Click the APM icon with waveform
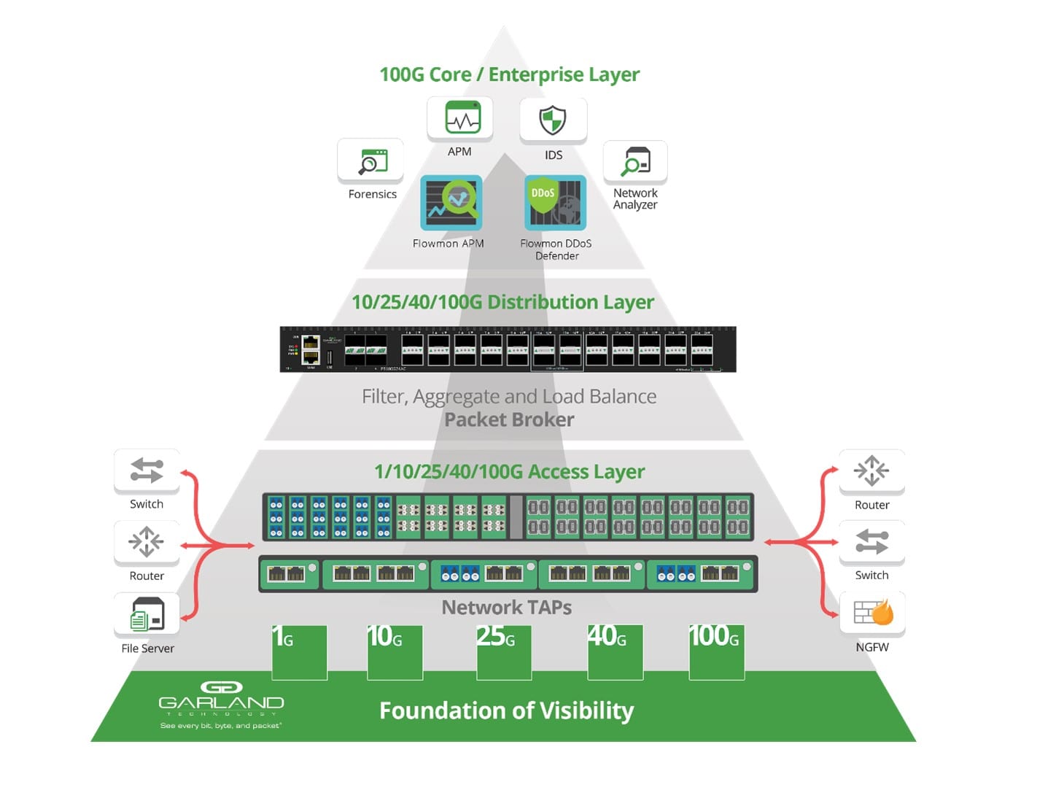click(460, 118)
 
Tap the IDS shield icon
click(553, 120)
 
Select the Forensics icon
click(370, 161)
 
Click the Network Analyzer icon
click(635, 161)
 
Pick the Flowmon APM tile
click(451, 202)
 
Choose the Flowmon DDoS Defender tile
click(555, 202)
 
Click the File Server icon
click(147, 613)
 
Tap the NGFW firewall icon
click(872, 613)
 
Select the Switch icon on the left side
click(147, 471)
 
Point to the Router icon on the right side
click(872, 471)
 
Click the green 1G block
click(299, 651)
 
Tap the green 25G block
click(503, 651)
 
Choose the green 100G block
click(716, 651)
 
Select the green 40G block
click(615, 651)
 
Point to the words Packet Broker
click(509, 420)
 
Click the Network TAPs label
click(506, 607)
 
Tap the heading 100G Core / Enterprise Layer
click(509, 74)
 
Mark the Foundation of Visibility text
click(506, 711)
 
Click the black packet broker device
click(508, 349)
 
